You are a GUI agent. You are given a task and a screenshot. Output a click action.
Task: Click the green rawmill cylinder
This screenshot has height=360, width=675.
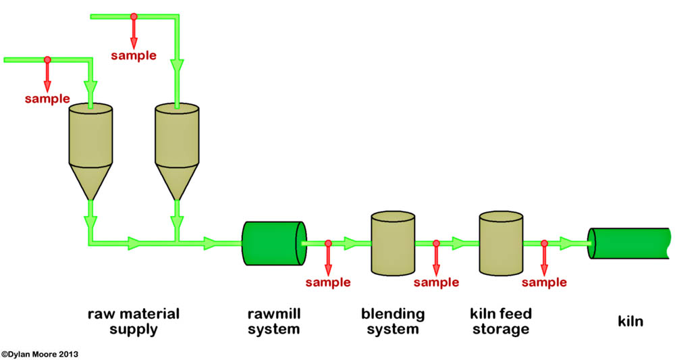coord(272,242)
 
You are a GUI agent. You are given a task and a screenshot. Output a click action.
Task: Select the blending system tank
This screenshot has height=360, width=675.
coord(394,242)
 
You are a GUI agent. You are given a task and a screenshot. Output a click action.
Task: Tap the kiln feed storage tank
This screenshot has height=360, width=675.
coord(502,242)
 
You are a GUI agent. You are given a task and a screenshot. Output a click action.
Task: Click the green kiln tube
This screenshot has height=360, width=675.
coord(629,243)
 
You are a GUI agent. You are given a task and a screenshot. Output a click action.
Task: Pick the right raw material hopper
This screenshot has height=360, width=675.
coord(177,138)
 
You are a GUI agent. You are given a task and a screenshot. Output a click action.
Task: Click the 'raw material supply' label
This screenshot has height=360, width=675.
coord(134,322)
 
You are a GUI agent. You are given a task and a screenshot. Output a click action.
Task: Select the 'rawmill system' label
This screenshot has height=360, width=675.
coord(273,322)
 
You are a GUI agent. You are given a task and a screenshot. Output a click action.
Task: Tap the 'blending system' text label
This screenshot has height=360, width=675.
coord(393,322)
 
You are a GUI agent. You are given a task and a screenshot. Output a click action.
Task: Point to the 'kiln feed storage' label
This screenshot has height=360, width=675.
coord(500,322)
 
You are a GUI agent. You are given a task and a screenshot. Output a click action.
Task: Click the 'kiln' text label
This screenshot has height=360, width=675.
coord(630,322)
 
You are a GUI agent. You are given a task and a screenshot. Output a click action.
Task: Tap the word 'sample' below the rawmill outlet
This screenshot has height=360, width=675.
coord(328,282)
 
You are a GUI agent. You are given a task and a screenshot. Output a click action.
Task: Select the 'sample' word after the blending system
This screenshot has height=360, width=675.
coord(436,282)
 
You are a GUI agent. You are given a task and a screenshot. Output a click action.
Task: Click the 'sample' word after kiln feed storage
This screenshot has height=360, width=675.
coord(544,282)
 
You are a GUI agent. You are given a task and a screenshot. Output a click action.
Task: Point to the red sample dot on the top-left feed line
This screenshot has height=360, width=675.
coord(47,60)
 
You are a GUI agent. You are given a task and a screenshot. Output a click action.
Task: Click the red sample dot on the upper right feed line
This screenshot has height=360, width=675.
coord(134,16)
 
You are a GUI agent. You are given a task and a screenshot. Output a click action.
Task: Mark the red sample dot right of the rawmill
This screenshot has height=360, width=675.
coord(328,243)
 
